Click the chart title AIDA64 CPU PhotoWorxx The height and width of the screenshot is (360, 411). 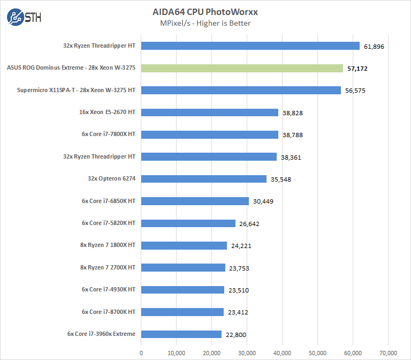tap(205, 12)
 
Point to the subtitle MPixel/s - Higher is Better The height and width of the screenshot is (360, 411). tap(205, 23)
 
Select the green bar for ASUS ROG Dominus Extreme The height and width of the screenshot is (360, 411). tap(242, 68)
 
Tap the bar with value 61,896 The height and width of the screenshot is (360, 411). tap(250, 46)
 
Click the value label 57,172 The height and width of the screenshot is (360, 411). tap(357, 69)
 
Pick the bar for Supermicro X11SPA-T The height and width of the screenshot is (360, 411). tap(241, 91)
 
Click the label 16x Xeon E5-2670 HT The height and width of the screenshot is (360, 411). tap(106, 112)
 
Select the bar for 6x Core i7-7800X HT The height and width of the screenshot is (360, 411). tap(210, 134)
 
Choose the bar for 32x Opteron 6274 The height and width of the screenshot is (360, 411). tap(204, 179)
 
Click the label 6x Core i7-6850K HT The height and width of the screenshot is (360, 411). tap(109, 201)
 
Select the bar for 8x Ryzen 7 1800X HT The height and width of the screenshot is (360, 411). tap(184, 245)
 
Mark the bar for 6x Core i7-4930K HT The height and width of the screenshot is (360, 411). tap(182, 290)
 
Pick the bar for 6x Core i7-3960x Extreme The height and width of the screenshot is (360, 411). tap(181, 334)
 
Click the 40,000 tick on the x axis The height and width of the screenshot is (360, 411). tap(282, 352)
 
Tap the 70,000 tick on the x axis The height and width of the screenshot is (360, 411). tap(388, 352)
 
